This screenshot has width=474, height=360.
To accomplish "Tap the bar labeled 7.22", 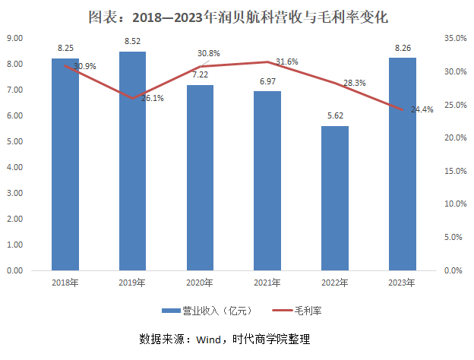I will [x=201, y=178].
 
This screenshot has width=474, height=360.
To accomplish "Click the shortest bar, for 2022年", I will [x=335, y=198].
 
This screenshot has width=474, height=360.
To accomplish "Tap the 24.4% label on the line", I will [x=422, y=109].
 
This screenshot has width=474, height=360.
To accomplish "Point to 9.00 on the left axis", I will [x=14, y=38].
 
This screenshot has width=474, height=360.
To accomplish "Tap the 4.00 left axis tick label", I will [x=14, y=167].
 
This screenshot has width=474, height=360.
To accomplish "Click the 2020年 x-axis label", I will [x=201, y=284].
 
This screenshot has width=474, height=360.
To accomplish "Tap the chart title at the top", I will [x=237, y=14].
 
